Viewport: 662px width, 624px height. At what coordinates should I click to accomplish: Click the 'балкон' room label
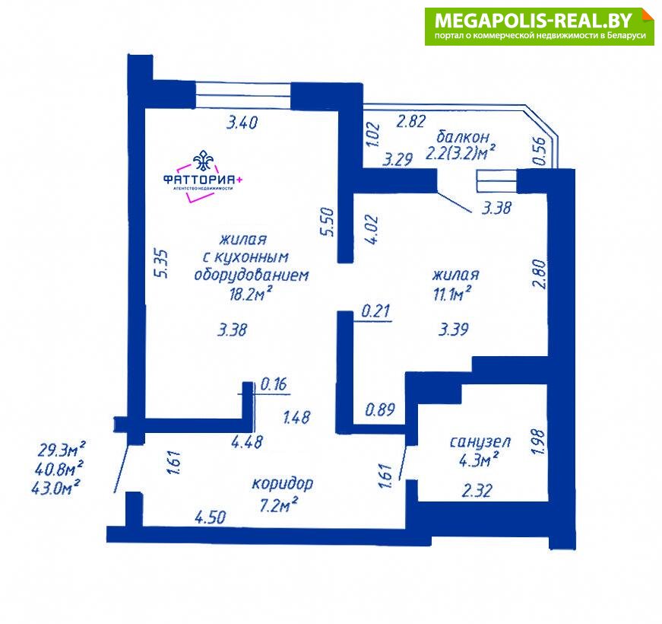coord(463,137)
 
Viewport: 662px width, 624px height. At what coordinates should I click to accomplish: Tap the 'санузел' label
coord(480,442)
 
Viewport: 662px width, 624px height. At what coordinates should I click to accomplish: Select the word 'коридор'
coord(283,484)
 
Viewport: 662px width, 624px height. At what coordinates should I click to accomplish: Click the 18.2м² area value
coord(250,292)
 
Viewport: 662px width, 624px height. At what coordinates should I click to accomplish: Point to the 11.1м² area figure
coord(451,293)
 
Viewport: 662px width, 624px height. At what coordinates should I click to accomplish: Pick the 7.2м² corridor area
coord(279,505)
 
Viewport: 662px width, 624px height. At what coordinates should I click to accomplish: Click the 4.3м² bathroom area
coord(479,459)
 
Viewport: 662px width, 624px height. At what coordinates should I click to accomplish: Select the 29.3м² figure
coord(62,450)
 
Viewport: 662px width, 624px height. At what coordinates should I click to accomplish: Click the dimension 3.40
coord(242,123)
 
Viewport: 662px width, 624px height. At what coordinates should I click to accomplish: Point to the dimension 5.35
coord(162,263)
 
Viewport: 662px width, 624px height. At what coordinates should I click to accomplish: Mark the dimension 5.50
coord(328,221)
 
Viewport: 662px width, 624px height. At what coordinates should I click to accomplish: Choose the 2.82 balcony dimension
coord(410,121)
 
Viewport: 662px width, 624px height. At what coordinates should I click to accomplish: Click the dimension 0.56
coord(539,151)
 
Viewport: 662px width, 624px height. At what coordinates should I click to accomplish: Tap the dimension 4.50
coord(211,517)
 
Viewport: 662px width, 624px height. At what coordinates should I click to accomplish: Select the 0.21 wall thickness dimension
coord(375,311)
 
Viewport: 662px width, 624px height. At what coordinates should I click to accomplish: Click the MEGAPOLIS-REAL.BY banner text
coord(534,20)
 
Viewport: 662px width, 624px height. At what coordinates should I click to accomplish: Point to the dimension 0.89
coord(380,409)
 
